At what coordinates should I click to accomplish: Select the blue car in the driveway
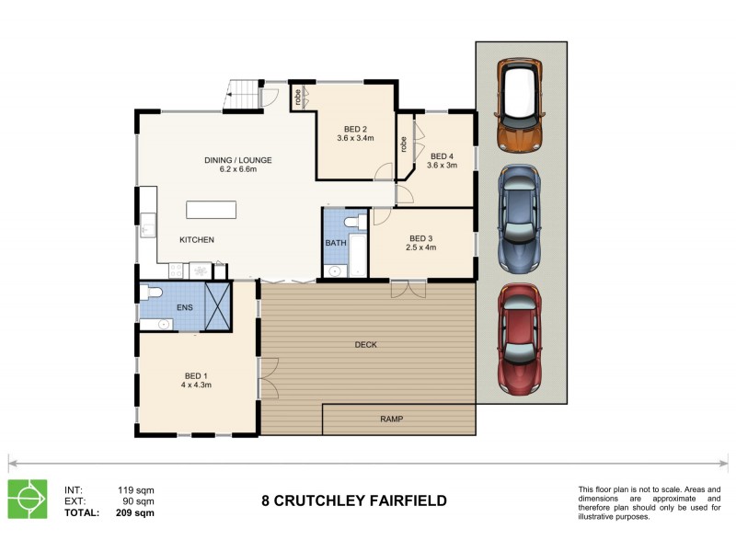point(521,219)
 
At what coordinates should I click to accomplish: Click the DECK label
point(365,345)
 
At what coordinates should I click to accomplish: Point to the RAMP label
point(391,419)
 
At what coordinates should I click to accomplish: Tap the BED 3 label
point(422,237)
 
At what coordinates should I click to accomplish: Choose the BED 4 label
point(443,156)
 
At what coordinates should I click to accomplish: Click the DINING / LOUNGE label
point(237,160)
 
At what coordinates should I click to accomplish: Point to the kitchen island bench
point(216,209)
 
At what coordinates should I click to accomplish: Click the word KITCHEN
point(197,240)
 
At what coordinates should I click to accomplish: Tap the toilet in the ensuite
point(151,293)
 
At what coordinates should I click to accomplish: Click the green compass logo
point(28,499)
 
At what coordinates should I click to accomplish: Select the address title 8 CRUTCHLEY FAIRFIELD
point(354,501)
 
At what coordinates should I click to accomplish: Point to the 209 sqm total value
point(135,513)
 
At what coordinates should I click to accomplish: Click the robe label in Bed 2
point(299,98)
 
